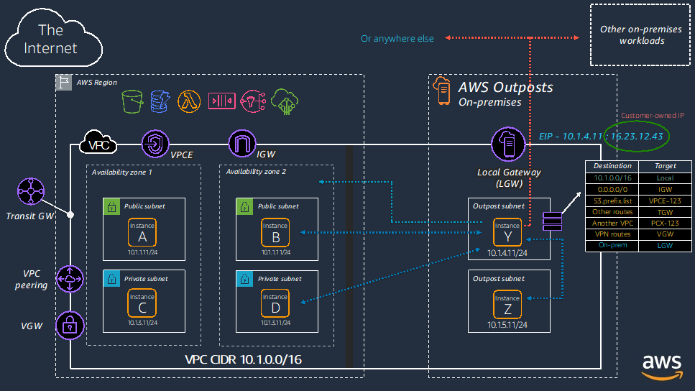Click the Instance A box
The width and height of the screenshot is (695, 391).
(142, 231)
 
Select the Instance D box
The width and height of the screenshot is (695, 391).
(275, 303)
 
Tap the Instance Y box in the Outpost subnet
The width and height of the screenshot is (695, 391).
(507, 232)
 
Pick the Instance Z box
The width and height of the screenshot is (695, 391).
(507, 304)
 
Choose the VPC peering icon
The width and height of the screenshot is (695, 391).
(69, 279)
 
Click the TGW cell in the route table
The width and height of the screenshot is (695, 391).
(666, 212)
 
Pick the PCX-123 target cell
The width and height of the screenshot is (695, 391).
(666, 224)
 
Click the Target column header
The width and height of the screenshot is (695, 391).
(666, 166)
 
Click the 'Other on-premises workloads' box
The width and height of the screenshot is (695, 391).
(641, 34)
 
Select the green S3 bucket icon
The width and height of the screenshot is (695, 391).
(133, 102)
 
